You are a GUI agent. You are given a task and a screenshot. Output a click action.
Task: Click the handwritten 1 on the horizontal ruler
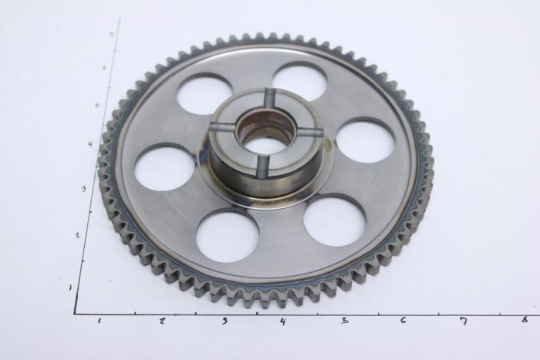click(x=100, y=320)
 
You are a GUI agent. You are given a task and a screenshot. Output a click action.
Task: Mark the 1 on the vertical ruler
click(x=71, y=287)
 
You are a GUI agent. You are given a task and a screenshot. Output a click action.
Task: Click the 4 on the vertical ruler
click(x=91, y=144)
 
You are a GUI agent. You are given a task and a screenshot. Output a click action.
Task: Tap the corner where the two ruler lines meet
click(x=75, y=313)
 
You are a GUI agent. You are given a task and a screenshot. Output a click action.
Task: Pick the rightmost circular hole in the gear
click(x=366, y=141)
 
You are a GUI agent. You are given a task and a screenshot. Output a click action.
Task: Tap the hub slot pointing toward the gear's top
click(x=269, y=99)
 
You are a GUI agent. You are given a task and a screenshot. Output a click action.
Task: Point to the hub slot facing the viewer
click(x=262, y=165)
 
